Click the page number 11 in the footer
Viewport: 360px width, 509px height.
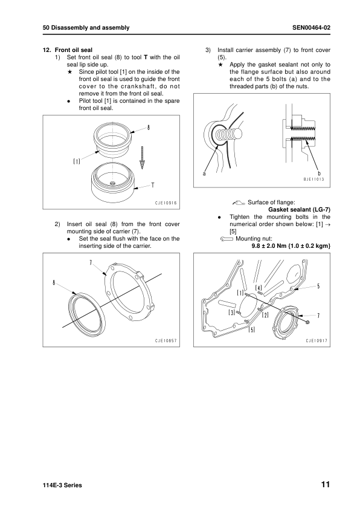point(325,485)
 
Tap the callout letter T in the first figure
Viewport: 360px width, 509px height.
point(153,185)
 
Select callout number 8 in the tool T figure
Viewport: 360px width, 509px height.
point(148,128)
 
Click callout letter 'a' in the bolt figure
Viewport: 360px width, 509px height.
point(205,173)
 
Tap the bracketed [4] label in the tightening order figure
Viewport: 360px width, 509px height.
point(259,288)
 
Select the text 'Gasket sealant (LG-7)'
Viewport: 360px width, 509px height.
point(299,209)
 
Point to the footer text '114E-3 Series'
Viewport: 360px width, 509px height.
point(58,485)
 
